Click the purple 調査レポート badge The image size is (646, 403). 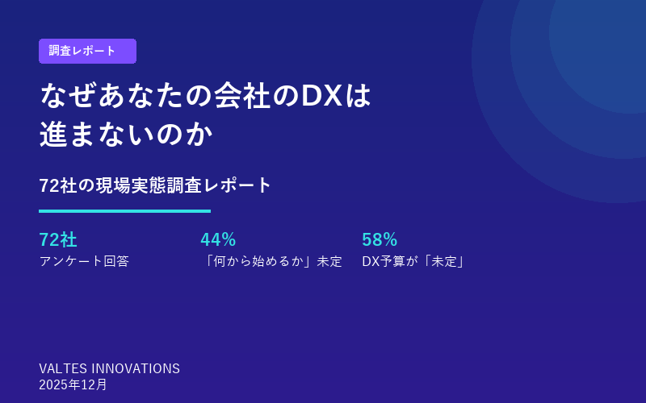click(87, 51)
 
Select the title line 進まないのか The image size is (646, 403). click(126, 135)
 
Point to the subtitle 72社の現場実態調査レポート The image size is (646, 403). click(156, 185)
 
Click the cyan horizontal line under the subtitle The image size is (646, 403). click(124, 211)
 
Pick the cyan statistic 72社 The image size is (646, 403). click(58, 239)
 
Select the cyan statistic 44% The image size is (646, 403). click(218, 239)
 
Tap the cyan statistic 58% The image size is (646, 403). click(380, 239)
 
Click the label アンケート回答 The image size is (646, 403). click(84, 261)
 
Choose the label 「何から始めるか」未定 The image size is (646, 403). click(271, 261)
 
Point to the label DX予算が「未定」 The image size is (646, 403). click(414, 261)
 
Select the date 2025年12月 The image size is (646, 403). click(73, 384)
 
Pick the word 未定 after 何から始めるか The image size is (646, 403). click(329, 261)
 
